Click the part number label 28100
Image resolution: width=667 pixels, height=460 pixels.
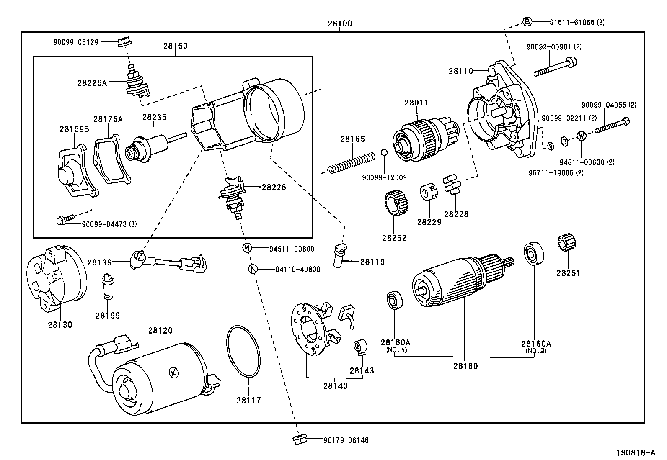click(340, 24)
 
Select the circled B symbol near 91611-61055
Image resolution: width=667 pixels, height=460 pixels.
click(527, 22)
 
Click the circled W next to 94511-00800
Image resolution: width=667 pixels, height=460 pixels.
click(247, 248)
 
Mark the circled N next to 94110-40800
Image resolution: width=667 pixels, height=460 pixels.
click(253, 269)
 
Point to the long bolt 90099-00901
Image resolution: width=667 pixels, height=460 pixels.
click(554, 68)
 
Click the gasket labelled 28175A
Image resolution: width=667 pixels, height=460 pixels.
click(111, 159)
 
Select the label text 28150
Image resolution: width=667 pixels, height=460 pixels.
click(175, 46)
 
